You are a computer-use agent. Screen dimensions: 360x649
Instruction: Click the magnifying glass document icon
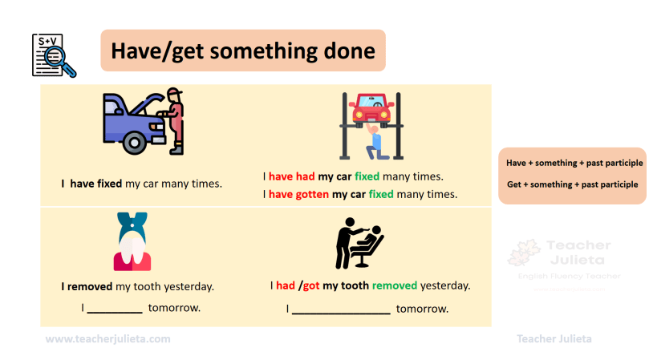tap(54, 55)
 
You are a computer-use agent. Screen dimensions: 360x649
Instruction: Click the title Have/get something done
tap(243, 51)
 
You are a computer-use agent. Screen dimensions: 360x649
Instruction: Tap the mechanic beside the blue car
tap(174, 121)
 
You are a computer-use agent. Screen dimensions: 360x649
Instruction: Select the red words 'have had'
tap(292, 176)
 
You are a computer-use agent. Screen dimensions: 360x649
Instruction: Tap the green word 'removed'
tap(395, 285)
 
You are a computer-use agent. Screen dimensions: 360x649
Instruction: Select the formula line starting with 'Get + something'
tap(572, 184)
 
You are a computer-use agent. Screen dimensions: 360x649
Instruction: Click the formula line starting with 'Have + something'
tap(574, 163)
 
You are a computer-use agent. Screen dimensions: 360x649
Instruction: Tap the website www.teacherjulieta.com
tap(107, 339)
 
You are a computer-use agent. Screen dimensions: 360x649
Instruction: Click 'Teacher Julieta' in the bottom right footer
tap(554, 339)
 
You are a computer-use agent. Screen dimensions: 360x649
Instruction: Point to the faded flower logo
tap(524, 252)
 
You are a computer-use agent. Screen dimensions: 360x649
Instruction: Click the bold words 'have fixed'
tap(96, 184)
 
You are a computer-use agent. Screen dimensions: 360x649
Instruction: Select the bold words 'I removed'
tap(87, 286)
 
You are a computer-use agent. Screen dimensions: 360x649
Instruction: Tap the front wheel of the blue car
tap(134, 143)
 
